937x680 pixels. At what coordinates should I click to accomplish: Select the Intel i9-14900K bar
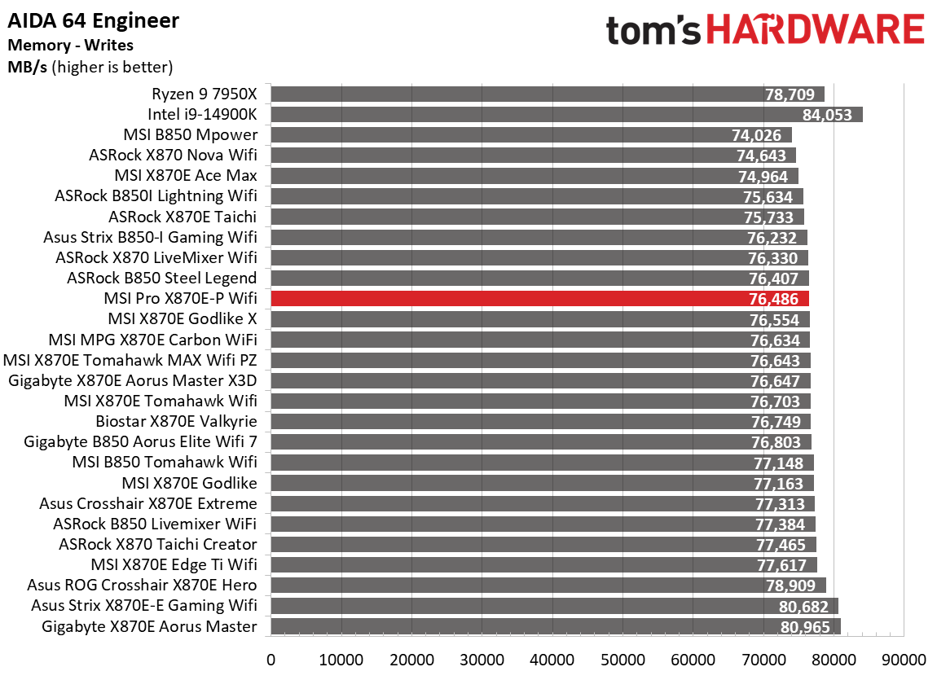point(565,115)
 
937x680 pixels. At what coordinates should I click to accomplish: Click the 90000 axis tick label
point(903,659)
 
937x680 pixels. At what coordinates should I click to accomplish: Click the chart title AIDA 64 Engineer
point(94,20)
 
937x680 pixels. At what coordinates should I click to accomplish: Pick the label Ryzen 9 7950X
point(204,94)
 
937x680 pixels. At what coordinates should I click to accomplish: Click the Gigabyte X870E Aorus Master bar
point(554,626)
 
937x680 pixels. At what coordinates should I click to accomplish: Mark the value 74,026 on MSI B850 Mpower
point(762,135)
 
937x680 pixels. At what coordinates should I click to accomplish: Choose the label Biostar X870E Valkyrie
point(176,422)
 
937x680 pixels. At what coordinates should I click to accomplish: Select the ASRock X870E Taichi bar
point(536,217)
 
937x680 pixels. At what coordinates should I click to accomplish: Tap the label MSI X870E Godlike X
point(183,319)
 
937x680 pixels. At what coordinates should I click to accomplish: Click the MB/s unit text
point(26,67)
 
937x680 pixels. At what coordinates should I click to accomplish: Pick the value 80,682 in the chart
point(803,606)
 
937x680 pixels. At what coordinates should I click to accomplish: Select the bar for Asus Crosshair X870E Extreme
point(541,503)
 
